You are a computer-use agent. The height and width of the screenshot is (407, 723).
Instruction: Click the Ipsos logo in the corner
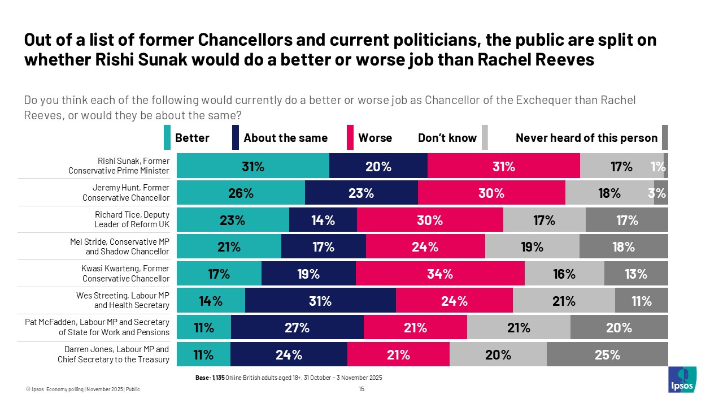tap(682, 380)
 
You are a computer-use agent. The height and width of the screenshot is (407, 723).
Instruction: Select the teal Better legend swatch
tap(167, 138)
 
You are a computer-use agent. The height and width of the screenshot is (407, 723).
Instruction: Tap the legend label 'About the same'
tap(285, 138)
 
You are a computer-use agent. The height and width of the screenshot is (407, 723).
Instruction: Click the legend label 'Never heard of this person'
tap(586, 138)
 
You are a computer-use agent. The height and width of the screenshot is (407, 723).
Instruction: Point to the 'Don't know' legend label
tap(447, 138)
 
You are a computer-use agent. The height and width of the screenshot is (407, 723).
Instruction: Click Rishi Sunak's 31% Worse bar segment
tap(503, 167)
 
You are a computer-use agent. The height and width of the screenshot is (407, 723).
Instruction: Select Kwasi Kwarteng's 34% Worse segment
tap(440, 274)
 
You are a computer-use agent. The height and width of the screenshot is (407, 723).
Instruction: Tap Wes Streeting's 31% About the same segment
tap(320, 301)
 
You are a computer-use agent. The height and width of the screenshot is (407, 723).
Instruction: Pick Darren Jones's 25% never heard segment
tap(607, 355)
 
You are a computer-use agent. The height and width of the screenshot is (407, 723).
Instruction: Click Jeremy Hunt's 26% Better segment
tap(241, 193)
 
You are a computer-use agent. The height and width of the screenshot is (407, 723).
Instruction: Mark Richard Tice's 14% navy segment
tap(323, 220)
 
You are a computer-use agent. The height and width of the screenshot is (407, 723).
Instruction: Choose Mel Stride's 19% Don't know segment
tap(532, 247)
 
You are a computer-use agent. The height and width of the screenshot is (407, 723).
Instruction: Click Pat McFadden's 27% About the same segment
tap(297, 328)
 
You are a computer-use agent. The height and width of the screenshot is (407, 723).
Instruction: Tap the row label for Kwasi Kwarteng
tap(125, 274)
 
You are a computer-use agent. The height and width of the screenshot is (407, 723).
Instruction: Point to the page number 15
tap(361, 389)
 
